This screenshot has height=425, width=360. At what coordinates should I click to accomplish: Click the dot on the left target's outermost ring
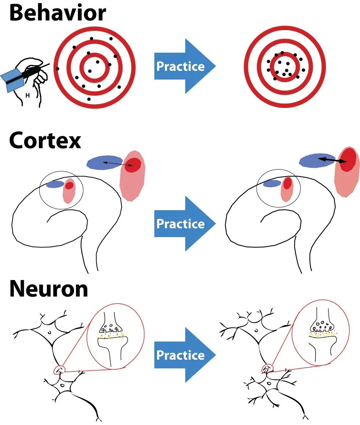[57, 69]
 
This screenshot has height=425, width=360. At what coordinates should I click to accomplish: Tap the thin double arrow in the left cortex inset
[117, 164]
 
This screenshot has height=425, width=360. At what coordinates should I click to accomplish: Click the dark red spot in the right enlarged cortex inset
[348, 159]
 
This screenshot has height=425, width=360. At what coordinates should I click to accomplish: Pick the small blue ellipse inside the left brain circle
[55, 184]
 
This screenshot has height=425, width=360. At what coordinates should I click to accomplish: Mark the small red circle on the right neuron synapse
[267, 368]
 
